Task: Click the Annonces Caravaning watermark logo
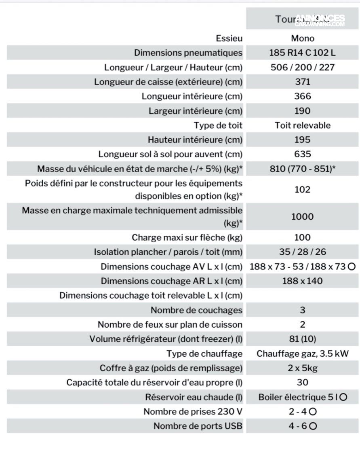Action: pyautogui.click(x=320, y=20)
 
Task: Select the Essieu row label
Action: pyautogui.click(x=229, y=38)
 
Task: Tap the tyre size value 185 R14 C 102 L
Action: pyautogui.click(x=302, y=53)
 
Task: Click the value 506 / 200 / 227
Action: pyautogui.click(x=302, y=67)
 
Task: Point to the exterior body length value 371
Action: pyautogui.click(x=302, y=82)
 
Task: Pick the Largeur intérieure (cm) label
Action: pyautogui.click(x=195, y=111)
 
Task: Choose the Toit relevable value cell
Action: pyautogui.click(x=302, y=125)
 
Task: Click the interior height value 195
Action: pyautogui.click(x=302, y=140)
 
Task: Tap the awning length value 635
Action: pyautogui.click(x=302, y=154)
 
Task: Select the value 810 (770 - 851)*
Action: pyautogui.click(x=302, y=169)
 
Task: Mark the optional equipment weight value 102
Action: pyautogui.click(x=302, y=190)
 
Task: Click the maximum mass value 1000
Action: pyautogui.click(x=302, y=217)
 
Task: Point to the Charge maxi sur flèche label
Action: pyautogui.click(x=187, y=237)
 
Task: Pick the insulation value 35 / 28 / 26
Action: pyautogui.click(x=302, y=252)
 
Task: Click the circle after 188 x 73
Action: pyautogui.click(x=352, y=267)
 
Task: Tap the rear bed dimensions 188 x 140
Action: pyautogui.click(x=302, y=281)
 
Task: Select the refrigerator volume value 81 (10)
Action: pyautogui.click(x=302, y=339)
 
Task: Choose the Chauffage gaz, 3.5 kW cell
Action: pyautogui.click(x=302, y=354)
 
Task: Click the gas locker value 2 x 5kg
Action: pyautogui.click(x=302, y=368)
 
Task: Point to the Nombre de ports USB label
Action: pyautogui.click(x=198, y=426)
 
